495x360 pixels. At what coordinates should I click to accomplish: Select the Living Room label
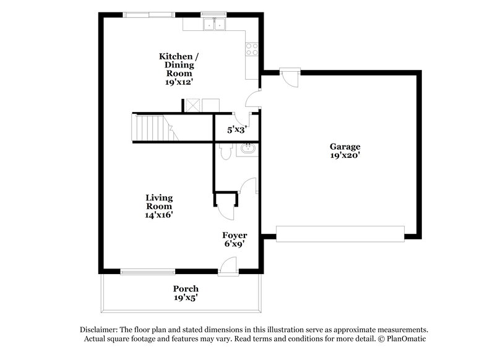pyautogui.click(x=159, y=202)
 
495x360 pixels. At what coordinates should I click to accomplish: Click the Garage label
pyautogui.click(x=345, y=147)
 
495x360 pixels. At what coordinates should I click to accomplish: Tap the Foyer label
pyautogui.click(x=235, y=235)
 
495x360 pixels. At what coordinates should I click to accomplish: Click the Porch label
pyautogui.click(x=186, y=289)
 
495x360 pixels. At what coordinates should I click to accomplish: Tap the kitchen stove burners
pyautogui.click(x=251, y=49)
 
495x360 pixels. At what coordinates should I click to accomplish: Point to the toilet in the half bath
pyautogui.click(x=225, y=151)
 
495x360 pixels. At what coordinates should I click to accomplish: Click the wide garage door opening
pyautogui.click(x=340, y=234)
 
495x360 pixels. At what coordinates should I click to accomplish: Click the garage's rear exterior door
pyautogui.click(x=289, y=75)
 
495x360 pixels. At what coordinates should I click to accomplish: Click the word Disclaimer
pyautogui.click(x=101, y=330)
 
